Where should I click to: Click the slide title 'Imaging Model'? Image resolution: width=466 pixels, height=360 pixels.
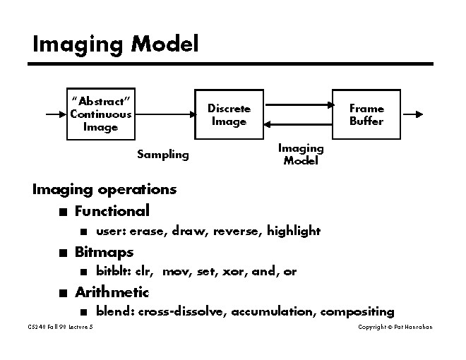tap(116, 44)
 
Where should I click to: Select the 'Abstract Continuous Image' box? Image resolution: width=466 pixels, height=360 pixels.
tap(101, 114)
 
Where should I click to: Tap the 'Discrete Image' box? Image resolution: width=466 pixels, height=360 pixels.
tap(229, 114)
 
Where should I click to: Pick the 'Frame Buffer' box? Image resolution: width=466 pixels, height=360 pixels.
tap(366, 114)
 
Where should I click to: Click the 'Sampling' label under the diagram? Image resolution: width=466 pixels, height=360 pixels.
tap(163, 154)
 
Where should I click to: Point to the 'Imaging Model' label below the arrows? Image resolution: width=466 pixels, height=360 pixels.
tap(301, 154)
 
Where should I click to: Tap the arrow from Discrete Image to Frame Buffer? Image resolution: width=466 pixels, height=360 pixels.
tap(298, 105)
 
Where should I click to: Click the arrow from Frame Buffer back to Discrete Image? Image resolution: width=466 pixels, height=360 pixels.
tap(298, 124)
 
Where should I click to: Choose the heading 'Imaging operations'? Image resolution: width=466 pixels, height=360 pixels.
tap(104, 189)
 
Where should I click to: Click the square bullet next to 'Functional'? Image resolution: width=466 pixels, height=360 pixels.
tap(64, 211)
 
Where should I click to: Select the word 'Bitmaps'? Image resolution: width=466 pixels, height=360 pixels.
tap(104, 251)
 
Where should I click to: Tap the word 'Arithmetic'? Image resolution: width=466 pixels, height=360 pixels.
tap(112, 292)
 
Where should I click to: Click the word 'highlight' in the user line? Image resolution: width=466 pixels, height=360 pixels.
tap(294, 231)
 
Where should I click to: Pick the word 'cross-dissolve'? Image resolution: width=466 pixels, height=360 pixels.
tap(182, 311)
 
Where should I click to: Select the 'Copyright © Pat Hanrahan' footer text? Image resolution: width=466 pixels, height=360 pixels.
tap(395, 327)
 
